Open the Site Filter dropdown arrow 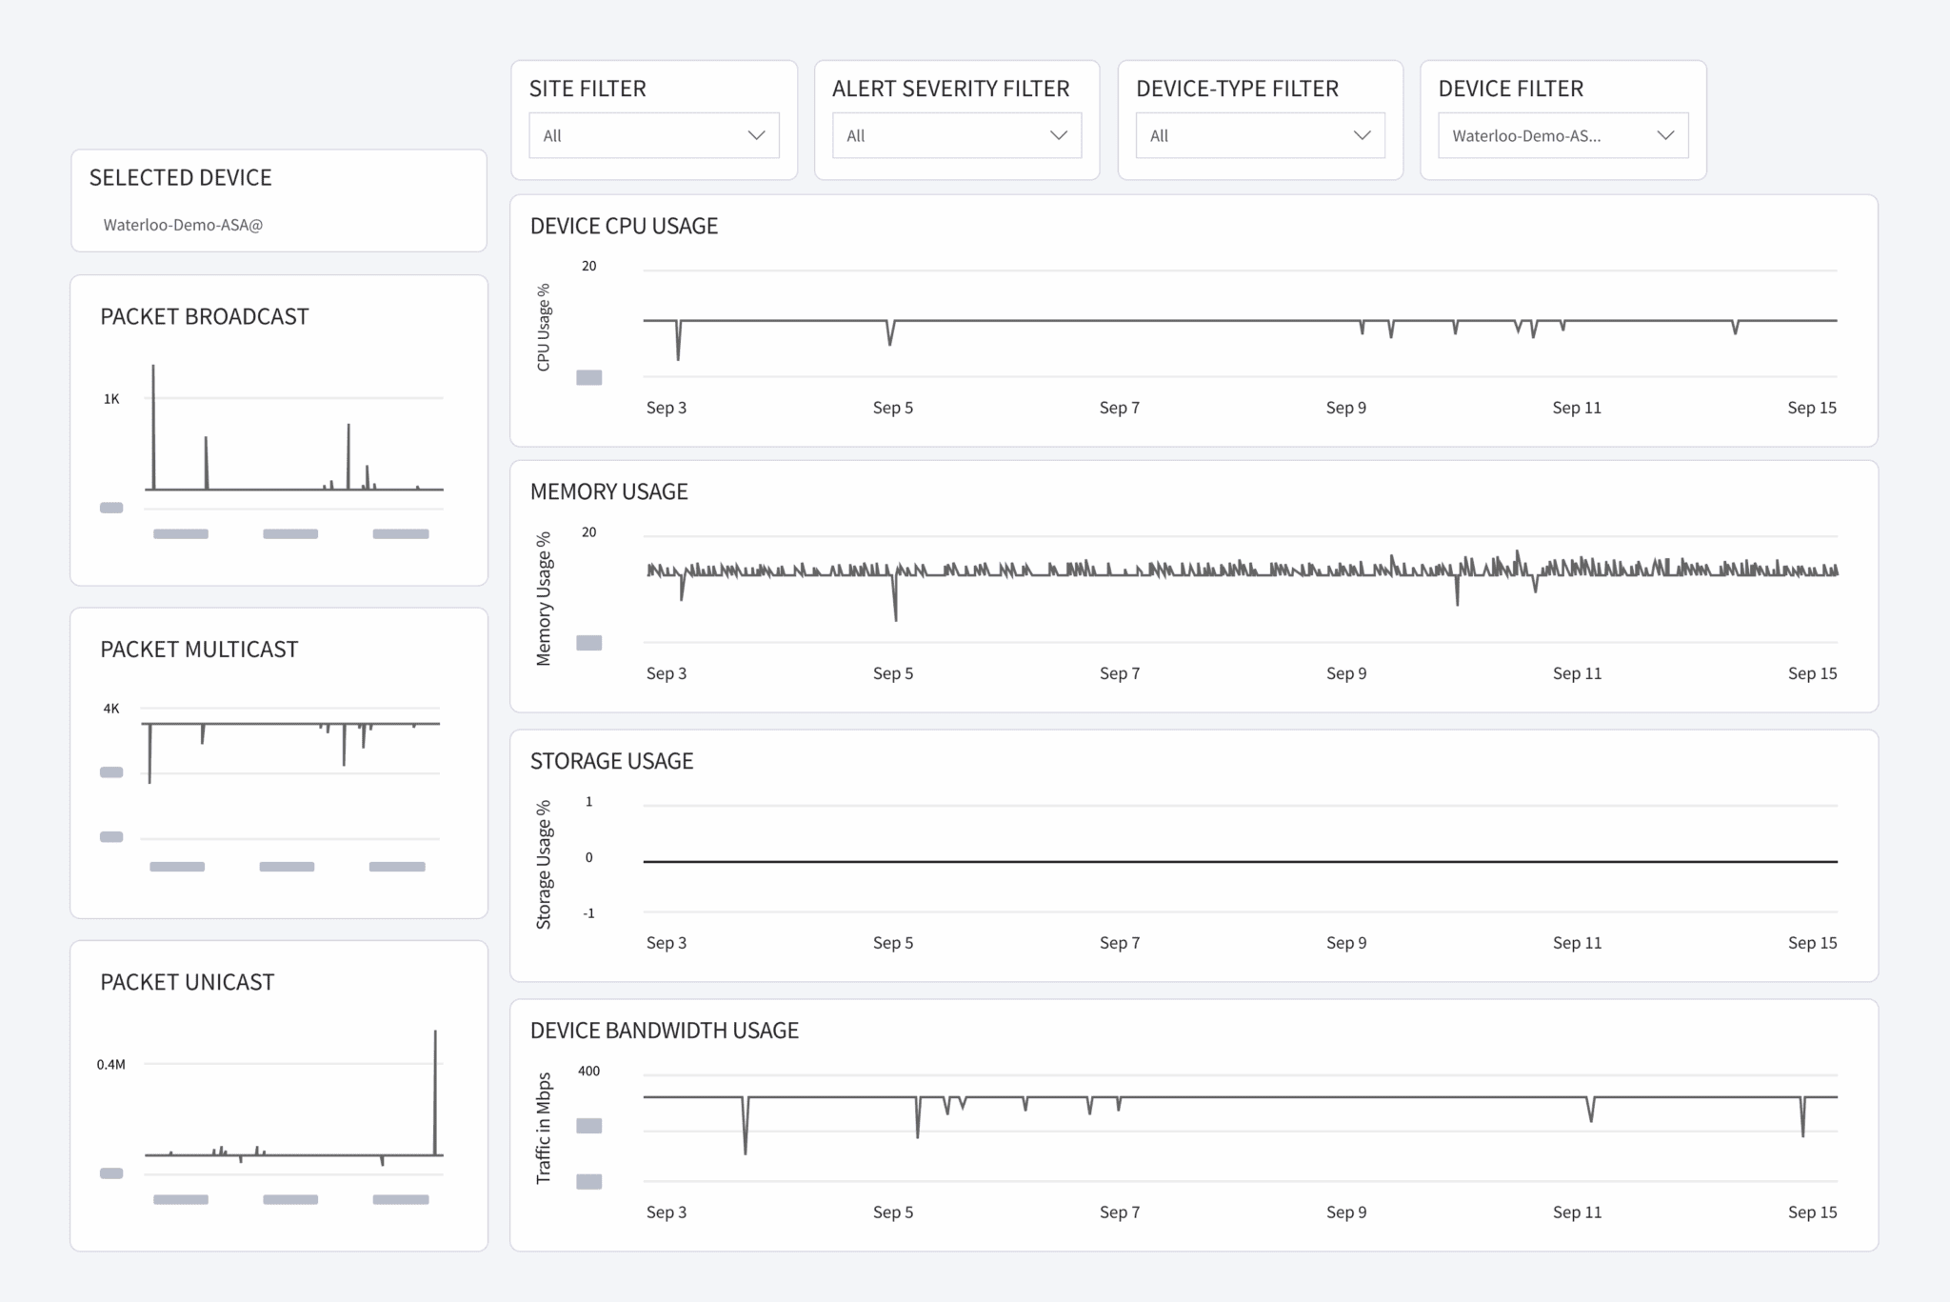[x=756, y=135]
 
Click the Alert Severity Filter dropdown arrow [x=1058, y=135]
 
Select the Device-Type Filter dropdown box [x=1259, y=135]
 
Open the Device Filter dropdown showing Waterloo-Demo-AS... [x=1562, y=135]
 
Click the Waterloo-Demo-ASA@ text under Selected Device [x=183, y=225]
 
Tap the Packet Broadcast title [x=204, y=316]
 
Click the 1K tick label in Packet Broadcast [x=111, y=399]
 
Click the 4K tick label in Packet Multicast [x=111, y=709]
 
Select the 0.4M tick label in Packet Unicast [x=110, y=1064]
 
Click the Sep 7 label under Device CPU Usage [x=1119, y=408]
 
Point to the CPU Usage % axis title [x=544, y=327]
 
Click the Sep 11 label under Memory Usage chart [x=1577, y=673]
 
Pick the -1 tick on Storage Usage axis [x=589, y=913]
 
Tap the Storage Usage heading [x=611, y=761]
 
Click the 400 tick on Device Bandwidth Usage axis [x=588, y=1071]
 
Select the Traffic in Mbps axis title [x=544, y=1128]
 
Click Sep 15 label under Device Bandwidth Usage [x=1811, y=1212]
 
